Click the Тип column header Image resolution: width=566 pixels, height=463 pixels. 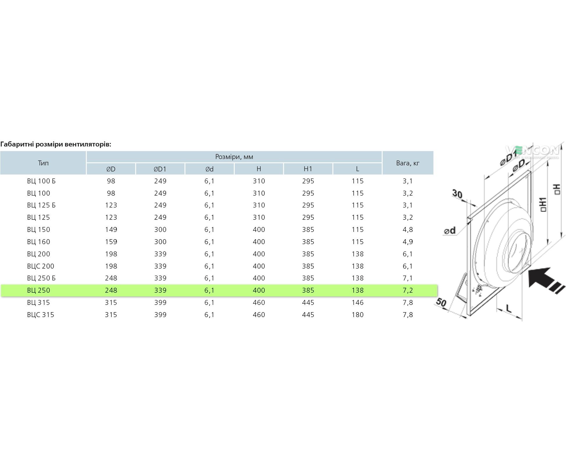point(43,163)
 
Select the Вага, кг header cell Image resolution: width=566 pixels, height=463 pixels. point(407,163)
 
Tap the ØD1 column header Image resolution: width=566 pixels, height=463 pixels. point(160,169)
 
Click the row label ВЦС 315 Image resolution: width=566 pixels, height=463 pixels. point(40,315)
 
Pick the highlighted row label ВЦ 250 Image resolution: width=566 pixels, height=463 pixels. point(38,290)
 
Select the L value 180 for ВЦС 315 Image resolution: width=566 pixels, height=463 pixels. point(357,315)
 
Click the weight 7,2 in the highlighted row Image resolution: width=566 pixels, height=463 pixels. point(408,290)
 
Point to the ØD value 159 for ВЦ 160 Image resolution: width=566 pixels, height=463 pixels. point(111,242)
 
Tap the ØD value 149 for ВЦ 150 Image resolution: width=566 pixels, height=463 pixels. point(111,230)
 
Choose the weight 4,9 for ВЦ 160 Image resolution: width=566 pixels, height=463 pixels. point(408,242)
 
